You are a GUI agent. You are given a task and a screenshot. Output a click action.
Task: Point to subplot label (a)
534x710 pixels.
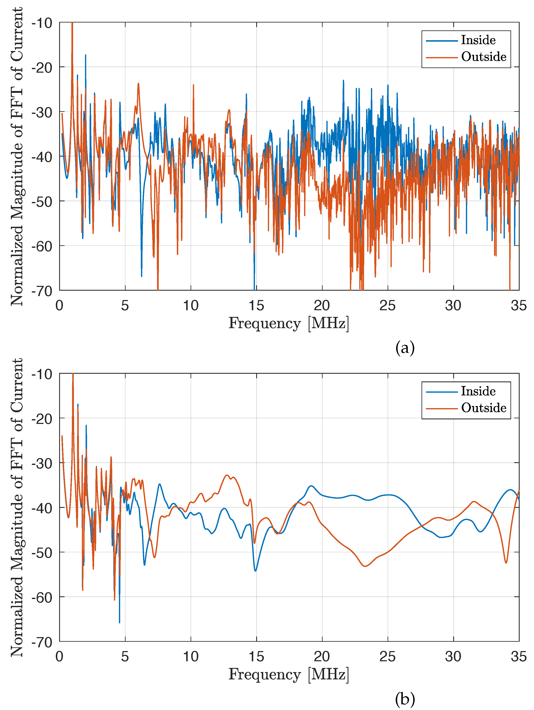(x=405, y=348)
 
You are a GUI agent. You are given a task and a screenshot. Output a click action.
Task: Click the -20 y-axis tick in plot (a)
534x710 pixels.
(x=42, y=67)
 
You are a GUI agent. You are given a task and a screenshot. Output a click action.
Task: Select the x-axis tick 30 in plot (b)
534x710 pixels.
(x=453, y=657)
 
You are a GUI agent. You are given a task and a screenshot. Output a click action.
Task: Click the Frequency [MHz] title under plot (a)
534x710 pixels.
(x=288, y=323)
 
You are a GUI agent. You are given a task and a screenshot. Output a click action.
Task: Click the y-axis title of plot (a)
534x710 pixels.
(x=17, y=156)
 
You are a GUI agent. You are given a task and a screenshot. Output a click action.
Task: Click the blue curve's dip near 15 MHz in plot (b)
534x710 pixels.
(x=255, y=571)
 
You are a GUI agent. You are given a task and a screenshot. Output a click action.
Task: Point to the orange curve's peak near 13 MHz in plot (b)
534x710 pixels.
(x=227, y=475)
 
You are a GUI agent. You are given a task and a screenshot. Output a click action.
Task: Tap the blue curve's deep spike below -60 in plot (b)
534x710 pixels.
(x=120, y=622)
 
